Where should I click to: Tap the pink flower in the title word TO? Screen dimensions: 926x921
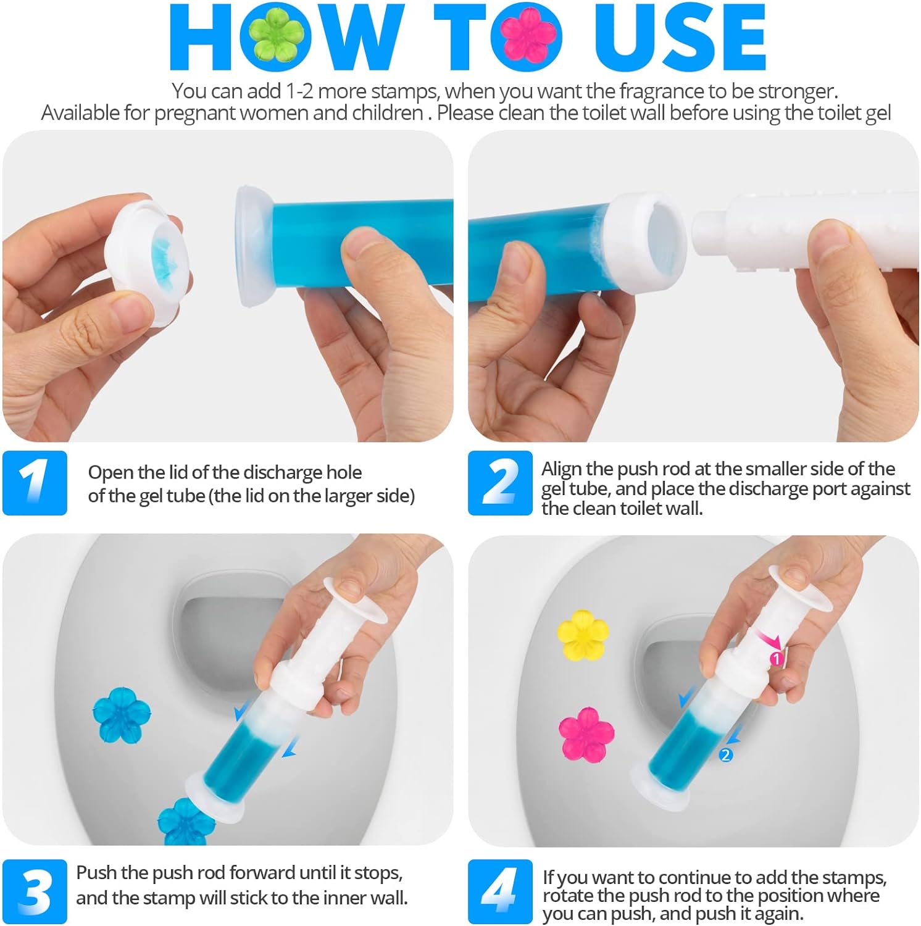coord(527,37)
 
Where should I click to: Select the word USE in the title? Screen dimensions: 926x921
coord(679,38)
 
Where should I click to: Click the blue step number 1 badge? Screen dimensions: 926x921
coord(35,483)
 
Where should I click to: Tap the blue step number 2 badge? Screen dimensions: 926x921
coord(499,483)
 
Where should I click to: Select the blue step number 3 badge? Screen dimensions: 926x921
coord(35,891)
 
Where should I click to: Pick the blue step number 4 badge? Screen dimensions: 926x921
coord(499,891)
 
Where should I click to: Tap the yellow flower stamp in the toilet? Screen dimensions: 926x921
coord(583,635)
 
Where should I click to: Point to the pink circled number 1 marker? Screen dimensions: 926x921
coord(776,659)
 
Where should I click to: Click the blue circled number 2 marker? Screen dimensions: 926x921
coord(726,754)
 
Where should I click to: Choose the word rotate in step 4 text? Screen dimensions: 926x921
coord(564,896)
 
